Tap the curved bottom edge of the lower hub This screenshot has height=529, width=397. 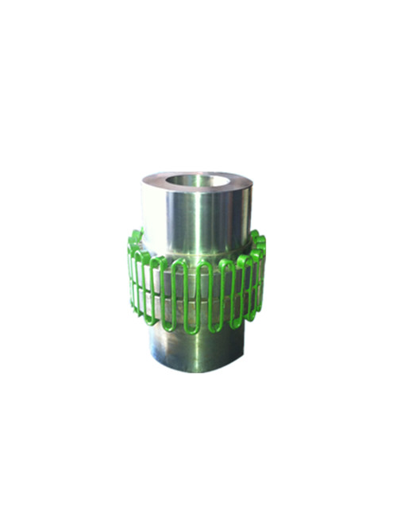(198, 371)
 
